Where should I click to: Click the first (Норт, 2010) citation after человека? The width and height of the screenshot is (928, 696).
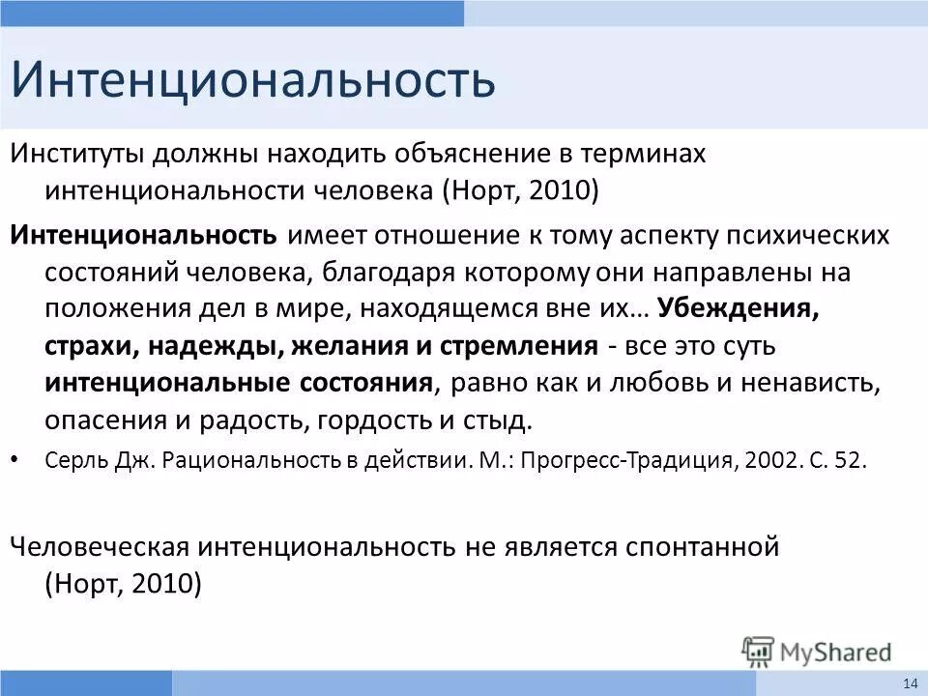click(x=521, y=190)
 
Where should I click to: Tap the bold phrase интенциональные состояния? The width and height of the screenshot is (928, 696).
click(x=238, y=383)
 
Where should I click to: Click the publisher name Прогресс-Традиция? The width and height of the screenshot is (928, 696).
click(x=630, y=460)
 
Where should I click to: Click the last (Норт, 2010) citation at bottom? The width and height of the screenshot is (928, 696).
click(x=124, y=584)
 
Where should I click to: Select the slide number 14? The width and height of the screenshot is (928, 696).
click(x=910, y=683)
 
